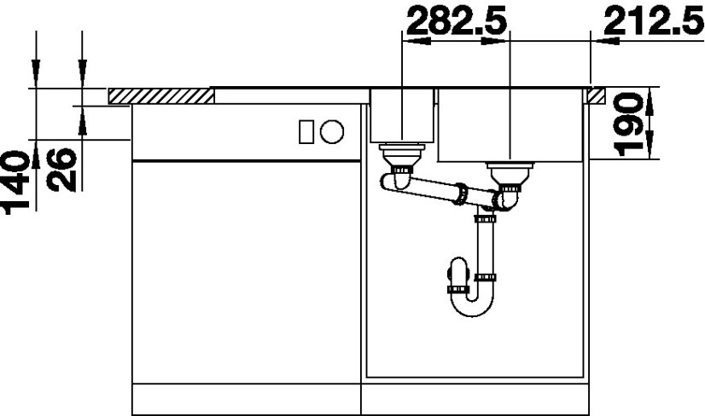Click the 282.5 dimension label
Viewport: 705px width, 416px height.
pos(457,21)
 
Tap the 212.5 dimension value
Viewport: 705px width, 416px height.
pos(654,21)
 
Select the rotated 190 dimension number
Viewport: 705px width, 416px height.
pos(628,124)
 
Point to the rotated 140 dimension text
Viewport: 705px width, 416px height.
pos(15,182)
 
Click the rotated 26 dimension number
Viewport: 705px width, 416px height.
pos(62,170)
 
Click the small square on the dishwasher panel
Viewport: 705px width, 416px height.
pos(306,132)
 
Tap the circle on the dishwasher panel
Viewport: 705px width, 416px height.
pos(332,132)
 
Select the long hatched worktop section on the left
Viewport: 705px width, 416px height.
pos(161,96)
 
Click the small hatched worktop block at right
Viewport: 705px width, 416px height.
pos(595,95)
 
